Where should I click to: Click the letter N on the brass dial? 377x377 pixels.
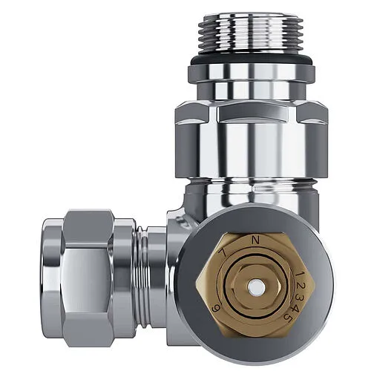click(x=256, y=240)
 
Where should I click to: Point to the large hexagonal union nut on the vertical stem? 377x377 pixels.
click(x=251, y=134)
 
